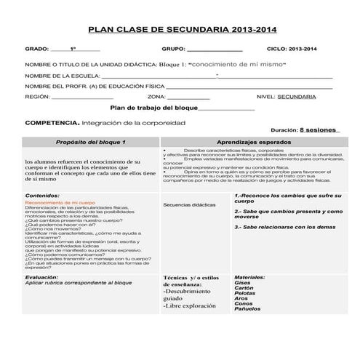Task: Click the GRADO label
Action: [x=36, y=49]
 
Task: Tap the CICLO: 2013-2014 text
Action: [x=292, y=49]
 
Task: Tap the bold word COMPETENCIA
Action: [x=51, y=124]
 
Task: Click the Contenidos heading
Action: [x=42, y=196]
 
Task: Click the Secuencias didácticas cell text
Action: [x=188, y=205]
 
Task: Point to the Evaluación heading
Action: [x=42, y=277]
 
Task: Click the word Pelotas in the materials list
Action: [x=246, y=292]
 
